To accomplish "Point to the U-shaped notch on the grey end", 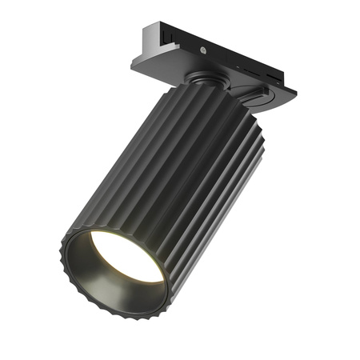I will (x=166, y=37).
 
